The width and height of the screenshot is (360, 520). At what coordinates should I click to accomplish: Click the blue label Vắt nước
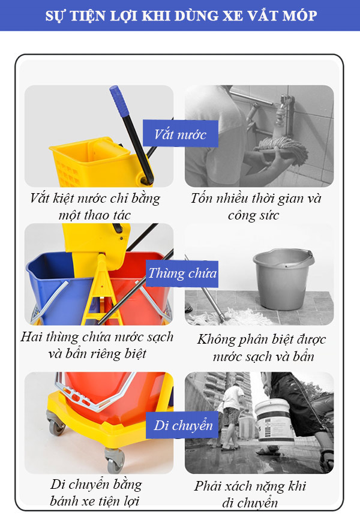180,134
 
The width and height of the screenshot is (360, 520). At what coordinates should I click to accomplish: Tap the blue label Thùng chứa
182,274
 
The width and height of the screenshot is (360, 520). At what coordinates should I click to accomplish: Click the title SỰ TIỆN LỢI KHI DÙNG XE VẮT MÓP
181,16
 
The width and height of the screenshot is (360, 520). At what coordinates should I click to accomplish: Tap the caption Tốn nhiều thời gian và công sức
256,206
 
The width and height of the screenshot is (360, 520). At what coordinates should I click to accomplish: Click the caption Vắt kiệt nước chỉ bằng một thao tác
95,206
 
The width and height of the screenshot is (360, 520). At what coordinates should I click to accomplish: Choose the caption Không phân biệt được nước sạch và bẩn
262,347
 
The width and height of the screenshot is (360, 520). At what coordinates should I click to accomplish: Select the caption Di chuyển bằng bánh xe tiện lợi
96,492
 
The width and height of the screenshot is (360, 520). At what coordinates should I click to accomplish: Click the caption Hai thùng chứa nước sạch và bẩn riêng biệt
97,344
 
